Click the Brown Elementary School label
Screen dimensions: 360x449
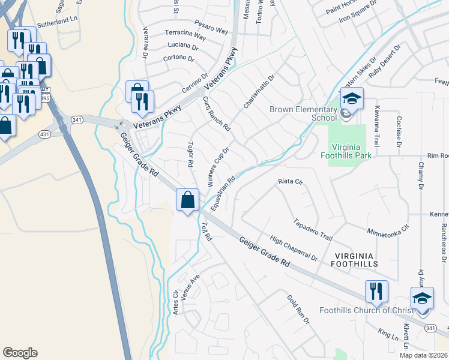point(303,113)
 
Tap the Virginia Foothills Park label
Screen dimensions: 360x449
point(350,150)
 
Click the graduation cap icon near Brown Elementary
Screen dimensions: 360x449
point(352,98)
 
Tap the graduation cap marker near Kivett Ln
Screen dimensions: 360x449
point(422,298)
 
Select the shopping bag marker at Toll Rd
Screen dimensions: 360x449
point(187,200)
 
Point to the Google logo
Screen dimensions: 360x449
point(20,353)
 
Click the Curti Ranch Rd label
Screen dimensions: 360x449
point(217,113)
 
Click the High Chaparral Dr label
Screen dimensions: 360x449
point(294,248)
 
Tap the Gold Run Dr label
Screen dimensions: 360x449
point(297,310)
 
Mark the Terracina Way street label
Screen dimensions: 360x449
point(185,37)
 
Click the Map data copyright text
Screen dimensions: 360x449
point(424,355)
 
